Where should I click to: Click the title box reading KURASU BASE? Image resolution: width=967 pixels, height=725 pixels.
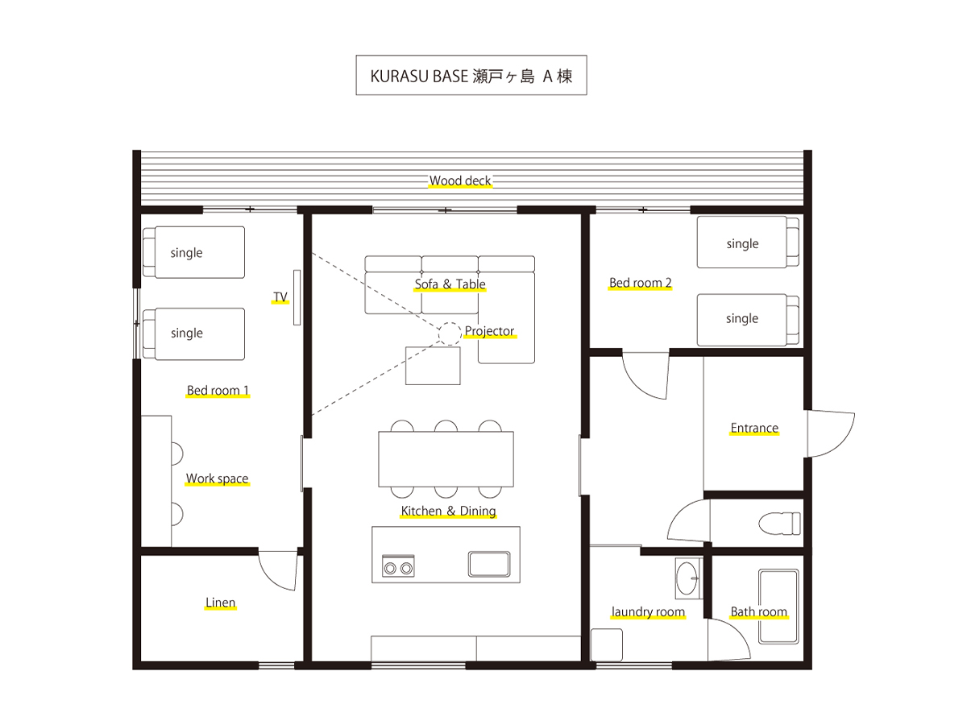(471, 75)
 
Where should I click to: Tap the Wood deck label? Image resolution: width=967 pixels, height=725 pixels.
(460, 180)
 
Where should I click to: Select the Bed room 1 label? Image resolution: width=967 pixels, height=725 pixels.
(218, 391)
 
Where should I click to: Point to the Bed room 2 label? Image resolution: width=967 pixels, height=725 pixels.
(640, 283)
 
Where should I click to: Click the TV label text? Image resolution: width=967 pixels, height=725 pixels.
(280, 297)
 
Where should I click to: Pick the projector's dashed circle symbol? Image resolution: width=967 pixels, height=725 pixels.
(450, 333)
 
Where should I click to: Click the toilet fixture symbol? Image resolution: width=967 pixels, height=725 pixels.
(779, 523)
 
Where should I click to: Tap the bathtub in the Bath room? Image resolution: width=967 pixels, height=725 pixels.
(778, 607)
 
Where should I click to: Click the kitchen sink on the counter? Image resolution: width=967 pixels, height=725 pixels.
(489, 563)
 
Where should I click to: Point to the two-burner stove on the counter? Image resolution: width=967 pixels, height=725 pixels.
(398, 566)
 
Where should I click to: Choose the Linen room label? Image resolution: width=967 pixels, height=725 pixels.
(220, 603)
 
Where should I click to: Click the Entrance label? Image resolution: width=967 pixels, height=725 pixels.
(754, 428)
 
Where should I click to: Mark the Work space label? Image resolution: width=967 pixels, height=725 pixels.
(218, 478)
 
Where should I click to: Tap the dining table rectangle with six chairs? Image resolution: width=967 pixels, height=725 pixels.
(446, 459)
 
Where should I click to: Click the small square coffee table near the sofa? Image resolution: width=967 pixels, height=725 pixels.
(433, 366)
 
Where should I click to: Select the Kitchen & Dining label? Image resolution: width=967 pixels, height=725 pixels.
(448, 511)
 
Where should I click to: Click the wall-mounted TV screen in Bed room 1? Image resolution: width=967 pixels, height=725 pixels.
(297, 297)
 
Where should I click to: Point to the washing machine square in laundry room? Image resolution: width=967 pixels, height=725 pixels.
(607, 645)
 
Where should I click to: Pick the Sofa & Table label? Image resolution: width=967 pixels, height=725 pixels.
(450, 284)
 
